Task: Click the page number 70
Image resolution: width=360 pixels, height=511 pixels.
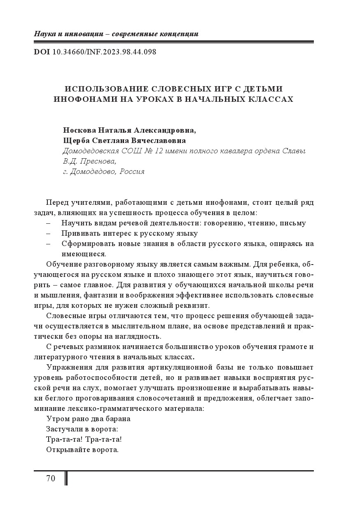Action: coord(51,478)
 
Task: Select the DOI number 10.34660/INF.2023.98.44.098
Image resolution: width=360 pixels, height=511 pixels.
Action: coord(104,52)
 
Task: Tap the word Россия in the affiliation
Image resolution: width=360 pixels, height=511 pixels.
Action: coord(132,171)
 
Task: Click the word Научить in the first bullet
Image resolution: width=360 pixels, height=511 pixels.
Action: coord(74,223)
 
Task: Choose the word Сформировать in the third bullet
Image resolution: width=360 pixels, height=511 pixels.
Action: coord(84,244)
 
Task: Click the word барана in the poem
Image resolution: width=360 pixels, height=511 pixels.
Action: coord(118,419)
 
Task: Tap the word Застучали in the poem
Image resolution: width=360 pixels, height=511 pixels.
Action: coord(63,429)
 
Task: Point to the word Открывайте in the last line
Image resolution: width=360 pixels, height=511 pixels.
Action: coord(65,450)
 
